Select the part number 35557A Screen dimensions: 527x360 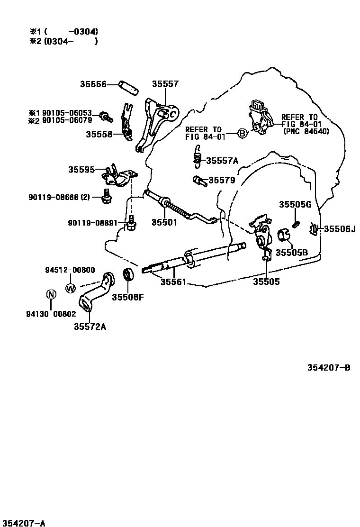[222, 160]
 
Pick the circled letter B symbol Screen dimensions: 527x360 [242, 134]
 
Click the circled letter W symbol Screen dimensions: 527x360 [70, 287]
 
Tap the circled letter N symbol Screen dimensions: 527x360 [51, 294]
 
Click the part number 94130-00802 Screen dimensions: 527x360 [51, 313]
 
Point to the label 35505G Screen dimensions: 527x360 [295, 204]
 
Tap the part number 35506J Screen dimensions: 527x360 [339, 229]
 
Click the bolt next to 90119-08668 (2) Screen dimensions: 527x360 [106, 195]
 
